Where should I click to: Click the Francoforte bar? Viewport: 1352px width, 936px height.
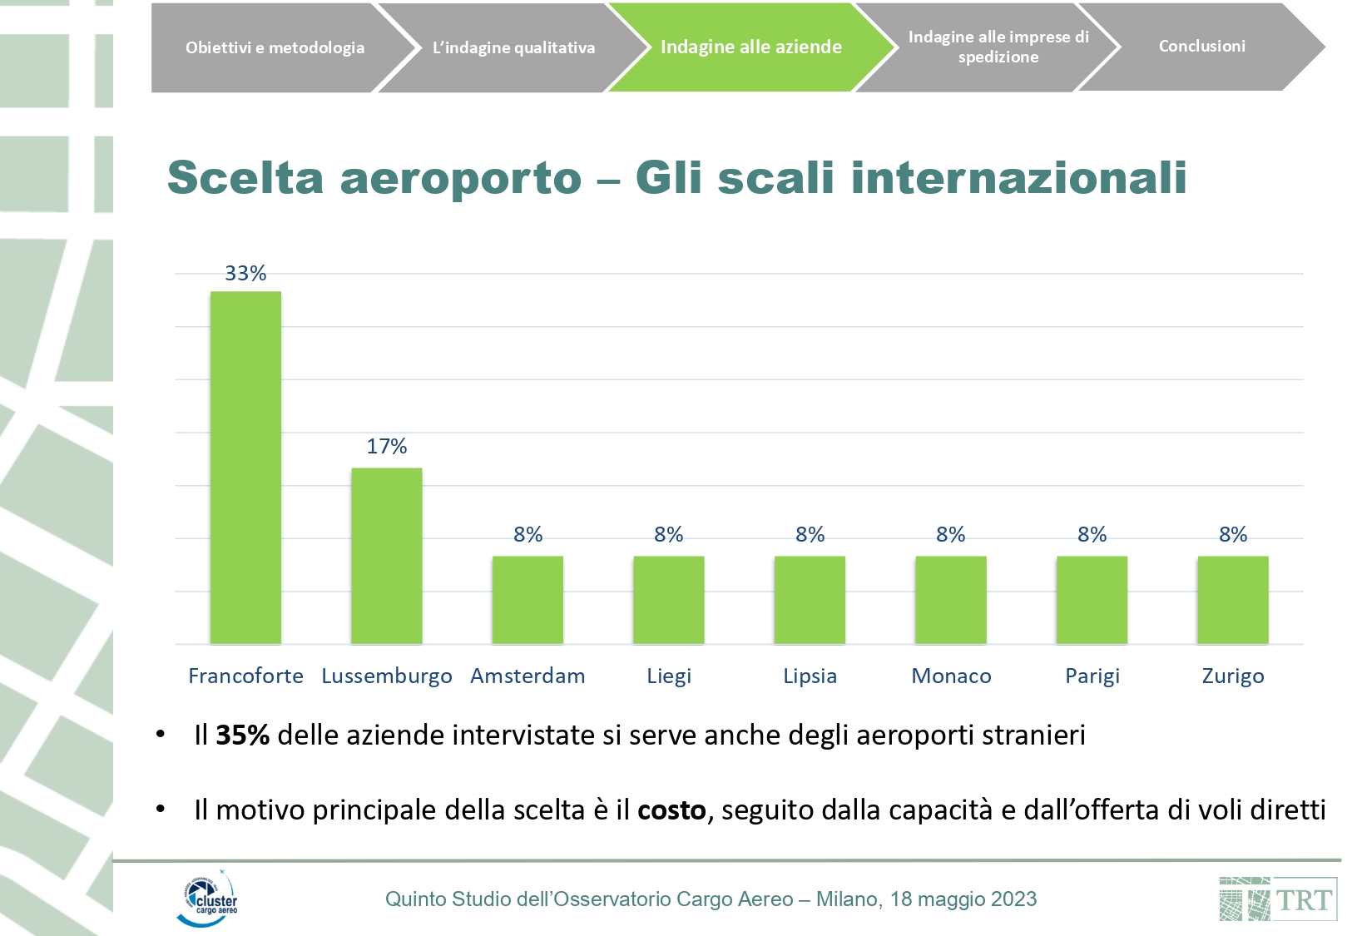[x=245, y=468]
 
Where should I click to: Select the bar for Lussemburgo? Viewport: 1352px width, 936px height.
[x=387, y=556]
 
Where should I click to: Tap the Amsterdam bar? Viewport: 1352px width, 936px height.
[x=527, y=600]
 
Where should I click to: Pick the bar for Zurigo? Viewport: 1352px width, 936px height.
[x=1232, y=600]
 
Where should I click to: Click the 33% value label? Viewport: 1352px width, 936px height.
[x=245, y=274]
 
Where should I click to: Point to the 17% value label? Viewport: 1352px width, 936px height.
[x=387, y=447]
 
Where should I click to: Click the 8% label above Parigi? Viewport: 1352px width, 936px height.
[x=1092, y=535]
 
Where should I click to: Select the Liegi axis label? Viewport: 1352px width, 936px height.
[x=669, y=676]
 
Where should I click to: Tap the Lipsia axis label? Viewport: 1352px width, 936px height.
[x=810, y=676]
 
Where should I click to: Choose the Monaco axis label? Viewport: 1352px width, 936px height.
[x=951, y=676]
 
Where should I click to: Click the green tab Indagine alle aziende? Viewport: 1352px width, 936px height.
[x=750, y=47]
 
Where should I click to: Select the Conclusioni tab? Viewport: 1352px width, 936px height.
[x=1201, y=47]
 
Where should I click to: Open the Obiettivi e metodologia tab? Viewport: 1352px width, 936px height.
[x=275, y=47]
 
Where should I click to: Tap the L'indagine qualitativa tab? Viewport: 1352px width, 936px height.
[x=513, y=47]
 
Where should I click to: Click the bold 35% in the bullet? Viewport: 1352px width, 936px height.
[x=242, y=735]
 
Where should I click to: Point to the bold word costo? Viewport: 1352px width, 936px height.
[x=671, y=810]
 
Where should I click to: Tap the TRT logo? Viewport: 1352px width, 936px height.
[x=1278, y=899]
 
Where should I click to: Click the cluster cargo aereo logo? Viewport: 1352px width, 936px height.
[x=207, y=899]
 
